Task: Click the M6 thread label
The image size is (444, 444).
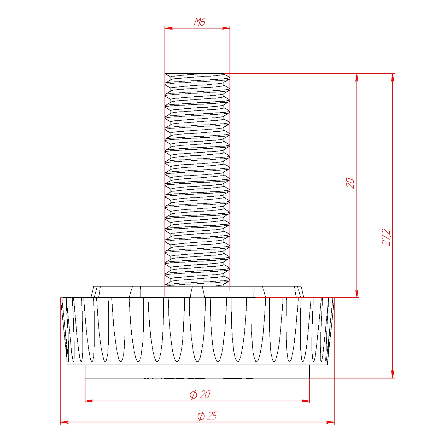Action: (199, 22)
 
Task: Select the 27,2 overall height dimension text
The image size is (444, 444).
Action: (386, 237)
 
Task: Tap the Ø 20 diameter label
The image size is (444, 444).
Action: (200, 394)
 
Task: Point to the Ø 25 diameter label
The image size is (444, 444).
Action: (207, 416)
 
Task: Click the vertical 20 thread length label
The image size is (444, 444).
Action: (350, 183)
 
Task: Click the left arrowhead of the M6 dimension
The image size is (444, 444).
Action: (169, 28)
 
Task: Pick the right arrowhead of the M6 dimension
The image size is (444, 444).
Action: (226, 28)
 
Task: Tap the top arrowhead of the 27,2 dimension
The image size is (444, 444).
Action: (393, 77)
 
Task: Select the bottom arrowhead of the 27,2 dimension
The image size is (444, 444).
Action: (393, 374)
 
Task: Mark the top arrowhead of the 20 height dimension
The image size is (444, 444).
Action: (357, 77)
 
